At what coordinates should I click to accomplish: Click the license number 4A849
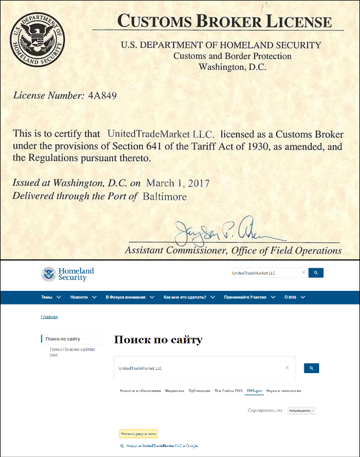tap(102, 95)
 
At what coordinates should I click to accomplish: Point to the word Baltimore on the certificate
tap(165, 196)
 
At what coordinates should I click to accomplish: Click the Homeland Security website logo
tap(68, 274)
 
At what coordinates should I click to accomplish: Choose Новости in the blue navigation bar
tap(82, 297)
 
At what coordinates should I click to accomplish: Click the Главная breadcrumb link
tap(49, 317)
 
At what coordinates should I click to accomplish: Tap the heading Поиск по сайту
tap(158, 339)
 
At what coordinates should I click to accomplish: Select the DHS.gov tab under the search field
tap(254, 391)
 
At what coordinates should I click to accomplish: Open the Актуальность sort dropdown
tap(301, 411)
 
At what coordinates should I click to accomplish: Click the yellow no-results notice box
tap(139, 434)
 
